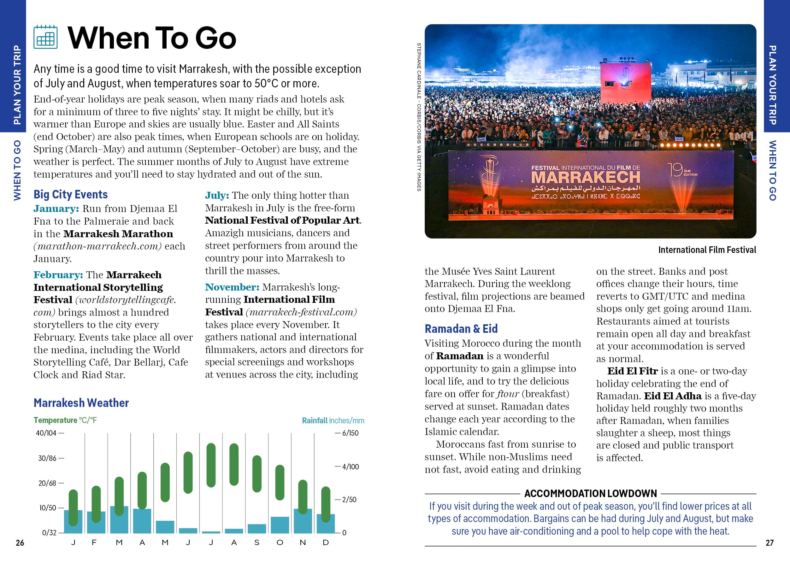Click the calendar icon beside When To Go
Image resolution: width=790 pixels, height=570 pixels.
46,37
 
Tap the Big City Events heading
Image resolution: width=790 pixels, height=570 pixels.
70,194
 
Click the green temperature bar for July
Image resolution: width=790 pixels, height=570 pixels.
211,465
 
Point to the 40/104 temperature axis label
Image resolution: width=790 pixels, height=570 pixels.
46,433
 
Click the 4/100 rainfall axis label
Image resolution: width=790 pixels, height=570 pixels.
350,467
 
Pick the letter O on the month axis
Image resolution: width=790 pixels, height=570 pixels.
280,543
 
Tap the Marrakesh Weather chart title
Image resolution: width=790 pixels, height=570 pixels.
81,403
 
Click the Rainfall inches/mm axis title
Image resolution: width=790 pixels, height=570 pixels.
333,420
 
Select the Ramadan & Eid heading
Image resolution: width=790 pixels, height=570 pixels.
461,328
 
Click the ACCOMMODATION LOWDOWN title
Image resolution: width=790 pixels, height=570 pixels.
590,493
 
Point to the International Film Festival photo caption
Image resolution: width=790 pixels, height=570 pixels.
707,250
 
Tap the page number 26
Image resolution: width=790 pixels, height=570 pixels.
20,543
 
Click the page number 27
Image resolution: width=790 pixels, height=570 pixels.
769,543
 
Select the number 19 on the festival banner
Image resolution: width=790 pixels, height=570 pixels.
675,170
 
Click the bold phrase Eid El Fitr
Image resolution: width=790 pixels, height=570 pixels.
632,371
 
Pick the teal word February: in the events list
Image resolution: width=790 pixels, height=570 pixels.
58,275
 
